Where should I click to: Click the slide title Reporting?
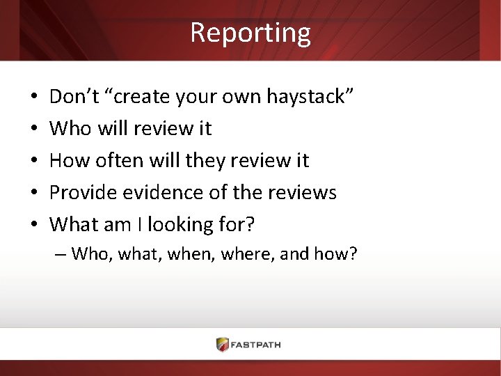(x=250, y=33)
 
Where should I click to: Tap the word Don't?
(x=74, y=97)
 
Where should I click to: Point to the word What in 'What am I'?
(x=74, y=225)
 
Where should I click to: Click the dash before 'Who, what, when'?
(x=60, y=253)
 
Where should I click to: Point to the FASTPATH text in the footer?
(x=257, y=345)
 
